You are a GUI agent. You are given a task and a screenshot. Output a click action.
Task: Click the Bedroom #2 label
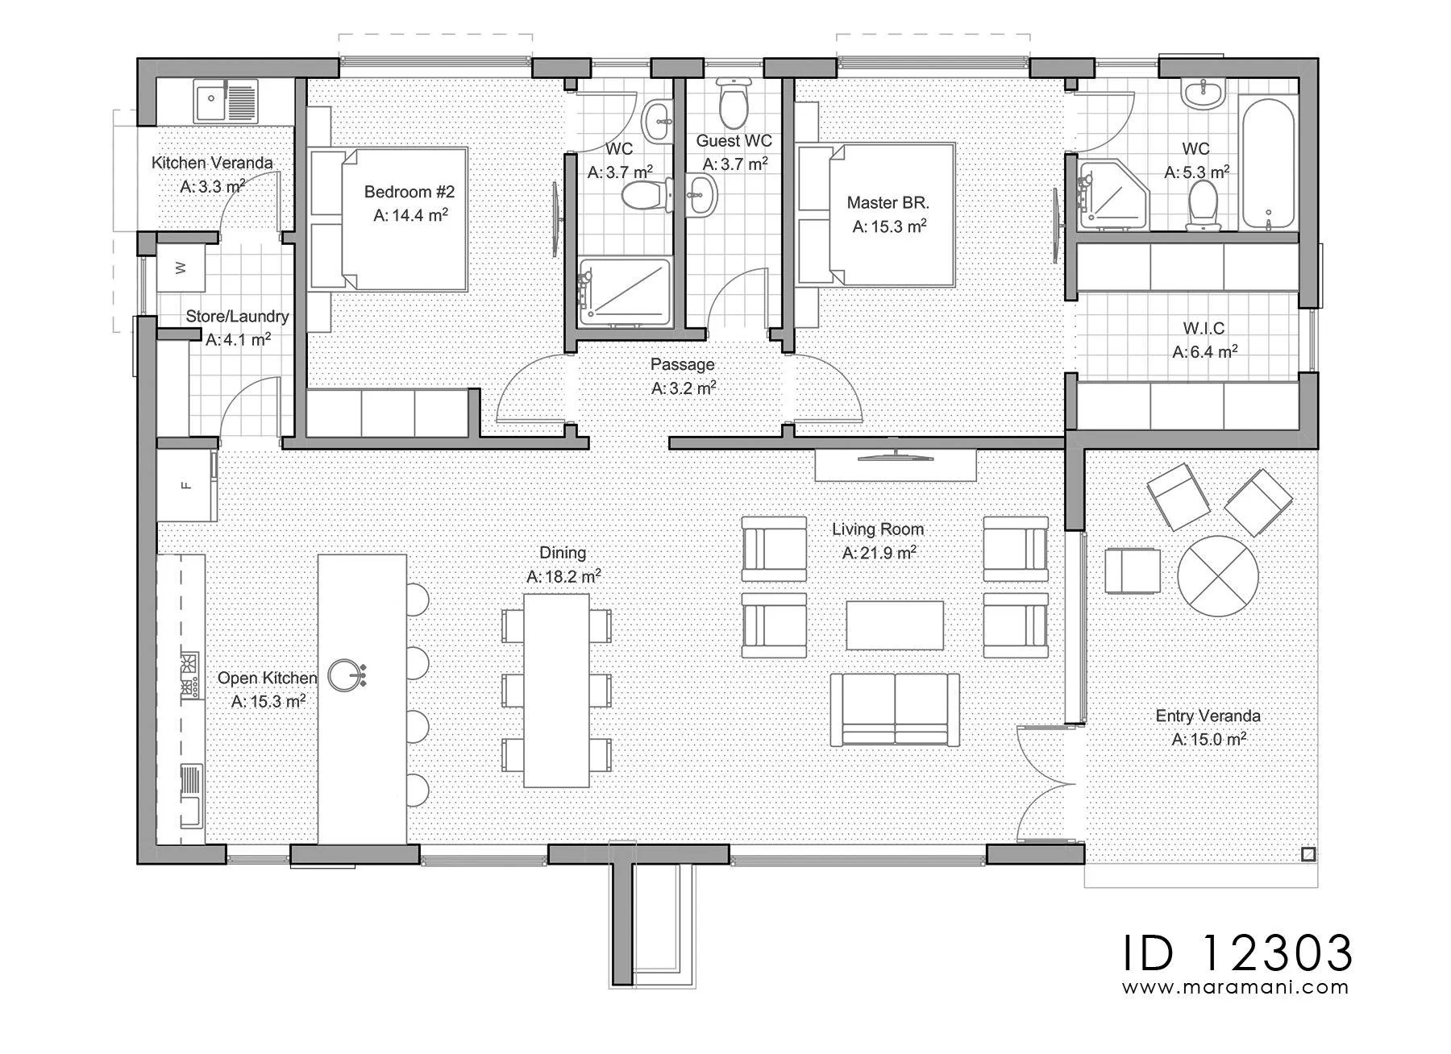click(x=410, y=192)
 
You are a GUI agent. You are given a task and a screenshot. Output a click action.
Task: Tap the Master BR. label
click(x=888, y=202)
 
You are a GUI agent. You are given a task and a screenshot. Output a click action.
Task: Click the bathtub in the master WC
click(x=1268, y=162)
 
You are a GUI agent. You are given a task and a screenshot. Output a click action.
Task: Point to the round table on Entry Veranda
click(x=1217, y=576)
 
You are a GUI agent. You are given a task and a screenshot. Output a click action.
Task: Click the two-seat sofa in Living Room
click(x=895, y=710)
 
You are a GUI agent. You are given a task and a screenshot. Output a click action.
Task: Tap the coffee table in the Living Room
click(x=895, y=625)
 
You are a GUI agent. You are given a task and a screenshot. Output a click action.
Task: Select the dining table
click(x=556, y=691)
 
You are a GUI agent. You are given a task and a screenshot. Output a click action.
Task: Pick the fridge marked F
click(x=186, y=485)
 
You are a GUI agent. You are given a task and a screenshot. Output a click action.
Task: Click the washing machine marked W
click(x=181, y=268)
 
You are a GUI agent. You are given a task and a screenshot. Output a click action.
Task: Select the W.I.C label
click(x=1204, y=328)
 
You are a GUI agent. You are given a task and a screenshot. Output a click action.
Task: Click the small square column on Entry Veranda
click(x=1308, y=854)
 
